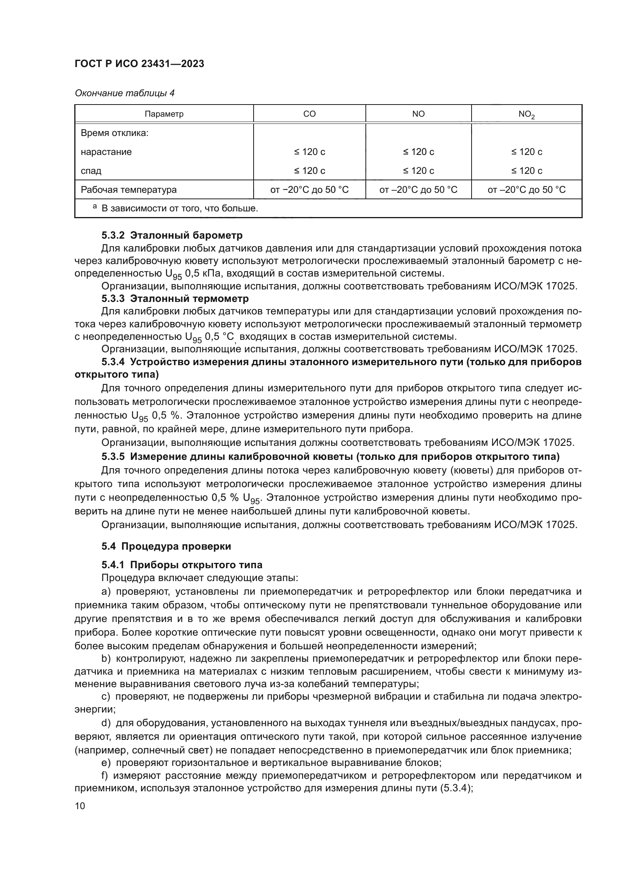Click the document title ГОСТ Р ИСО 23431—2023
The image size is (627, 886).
[x=140, y=64]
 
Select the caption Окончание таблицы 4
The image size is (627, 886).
[x=124, y=93]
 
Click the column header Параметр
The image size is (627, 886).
[x=164, y=114]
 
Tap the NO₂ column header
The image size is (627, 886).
[x=526, y=114]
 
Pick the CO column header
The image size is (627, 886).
[x=309, y=114]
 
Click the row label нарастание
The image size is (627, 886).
[x=106, y=152]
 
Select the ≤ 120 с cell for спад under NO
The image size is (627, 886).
[x=419, y=170]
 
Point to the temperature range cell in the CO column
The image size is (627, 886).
[x=309, y=189]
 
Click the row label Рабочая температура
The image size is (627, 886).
[x=129, y=189]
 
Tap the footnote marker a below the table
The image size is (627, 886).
[x=95, y=207]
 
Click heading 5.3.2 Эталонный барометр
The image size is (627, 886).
[x=172, y=235]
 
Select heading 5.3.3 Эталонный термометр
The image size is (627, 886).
[x=175, y=298]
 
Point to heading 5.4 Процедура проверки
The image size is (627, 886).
[x=166, y=546]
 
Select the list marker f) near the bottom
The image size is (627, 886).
[x=105, y=776]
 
